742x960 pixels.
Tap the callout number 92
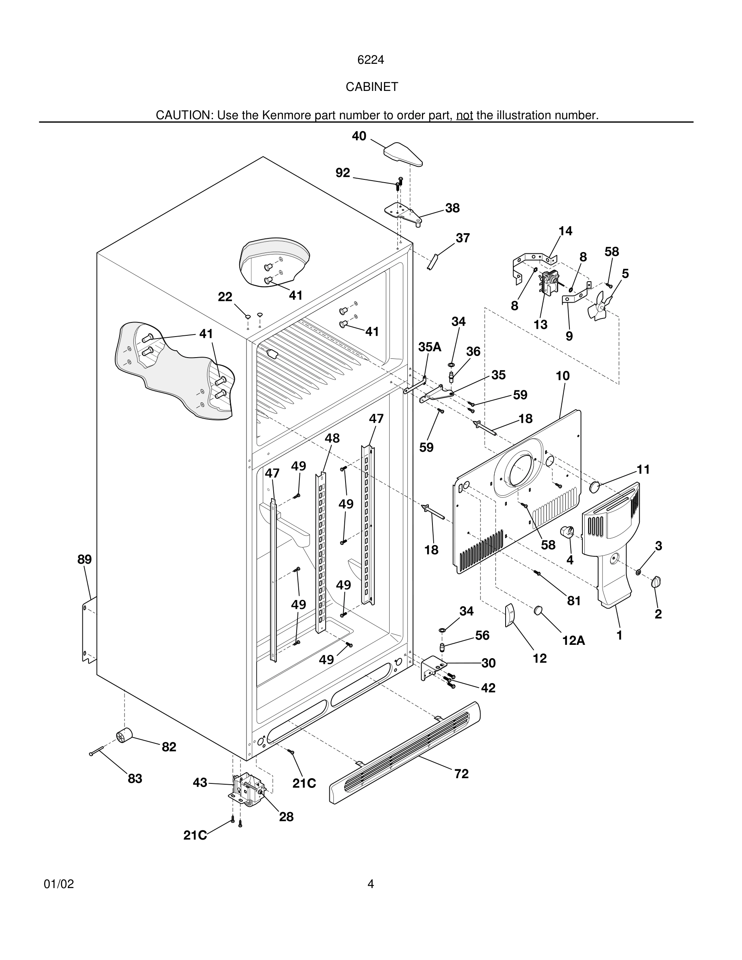pos(342,173)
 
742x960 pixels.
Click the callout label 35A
pos(430,347)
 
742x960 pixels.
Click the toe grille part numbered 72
pos(405,752)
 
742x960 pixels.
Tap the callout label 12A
pos(573,640)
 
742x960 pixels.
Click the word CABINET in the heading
pos(371,87)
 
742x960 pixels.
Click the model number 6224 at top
pos(371,60)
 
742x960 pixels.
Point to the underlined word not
pos(464,115)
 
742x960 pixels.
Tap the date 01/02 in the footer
pos(59,884)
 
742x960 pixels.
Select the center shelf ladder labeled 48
pos(321,554)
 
